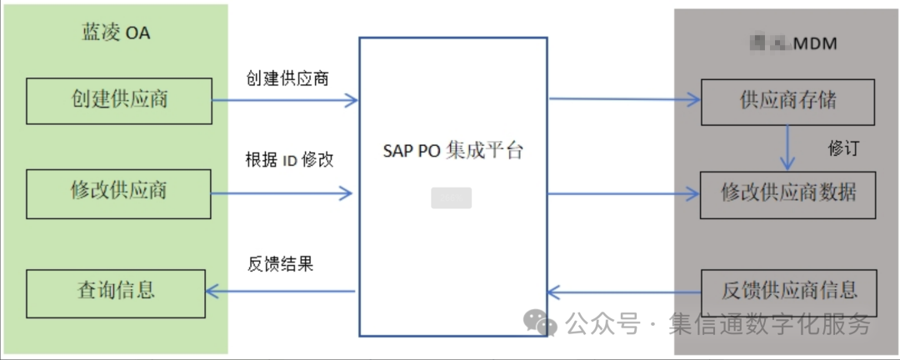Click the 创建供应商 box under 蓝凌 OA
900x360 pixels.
(x=120, y=100)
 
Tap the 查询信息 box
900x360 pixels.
(x=116, y=292)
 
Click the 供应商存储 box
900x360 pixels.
(x=787, y=102)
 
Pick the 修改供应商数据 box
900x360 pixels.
(x=787, y=194)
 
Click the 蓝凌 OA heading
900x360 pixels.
(x=116, y=33)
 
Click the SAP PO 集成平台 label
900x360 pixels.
(x=454, y=152)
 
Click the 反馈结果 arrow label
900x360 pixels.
(x=280, y=264)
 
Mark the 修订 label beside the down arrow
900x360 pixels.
(x=843, y=148)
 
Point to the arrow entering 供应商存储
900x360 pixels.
(x=624, y=99)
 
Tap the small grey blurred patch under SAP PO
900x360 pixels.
(x=451, y=198)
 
